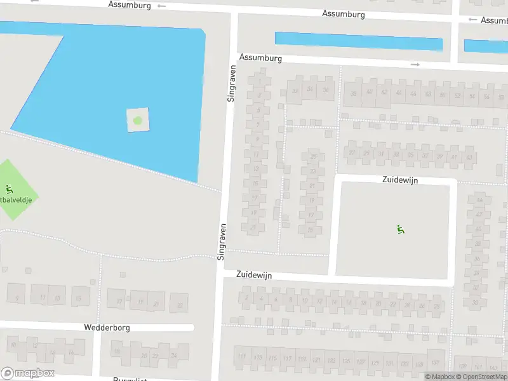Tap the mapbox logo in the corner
pos(28,373)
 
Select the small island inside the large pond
pos(138,119)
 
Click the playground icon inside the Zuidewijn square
pos(401,229)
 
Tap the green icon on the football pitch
pos(9,189)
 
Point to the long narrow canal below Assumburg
pos(358,41)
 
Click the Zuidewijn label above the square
pos(400,180)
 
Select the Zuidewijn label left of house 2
pos(254,275)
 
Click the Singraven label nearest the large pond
pos(231,83)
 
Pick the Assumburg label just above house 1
pos(260,58)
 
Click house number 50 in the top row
pos(443,95)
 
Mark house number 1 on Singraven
pos(258,81)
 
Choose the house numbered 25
pos(312,157)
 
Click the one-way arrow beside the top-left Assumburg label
pos(161,6)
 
